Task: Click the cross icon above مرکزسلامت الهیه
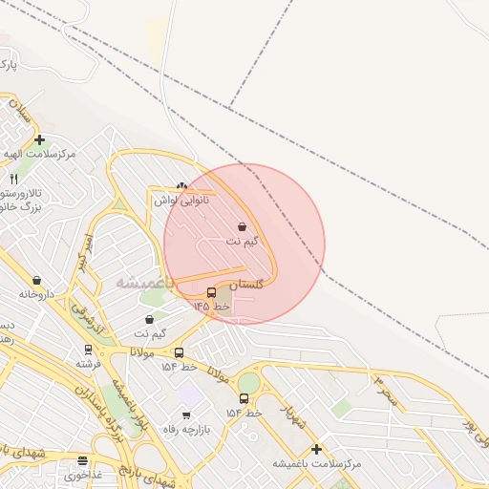pyautogui.click(x=39, y=139)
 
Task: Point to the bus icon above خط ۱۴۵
pyautogui.click(x=211, y=292)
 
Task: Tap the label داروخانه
pyautogui.click(x=38, y=294)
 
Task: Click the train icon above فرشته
pyautogui.click(x=89, y=350)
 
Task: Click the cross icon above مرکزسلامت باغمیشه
pyautogui.click(x=316, y=449)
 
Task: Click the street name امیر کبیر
pyautogui.click(x=86, y=250)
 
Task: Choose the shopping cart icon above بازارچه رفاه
pyautogui.click(x=185, y=415)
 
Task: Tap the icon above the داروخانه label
pyautogui.click(x=36, y=280)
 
